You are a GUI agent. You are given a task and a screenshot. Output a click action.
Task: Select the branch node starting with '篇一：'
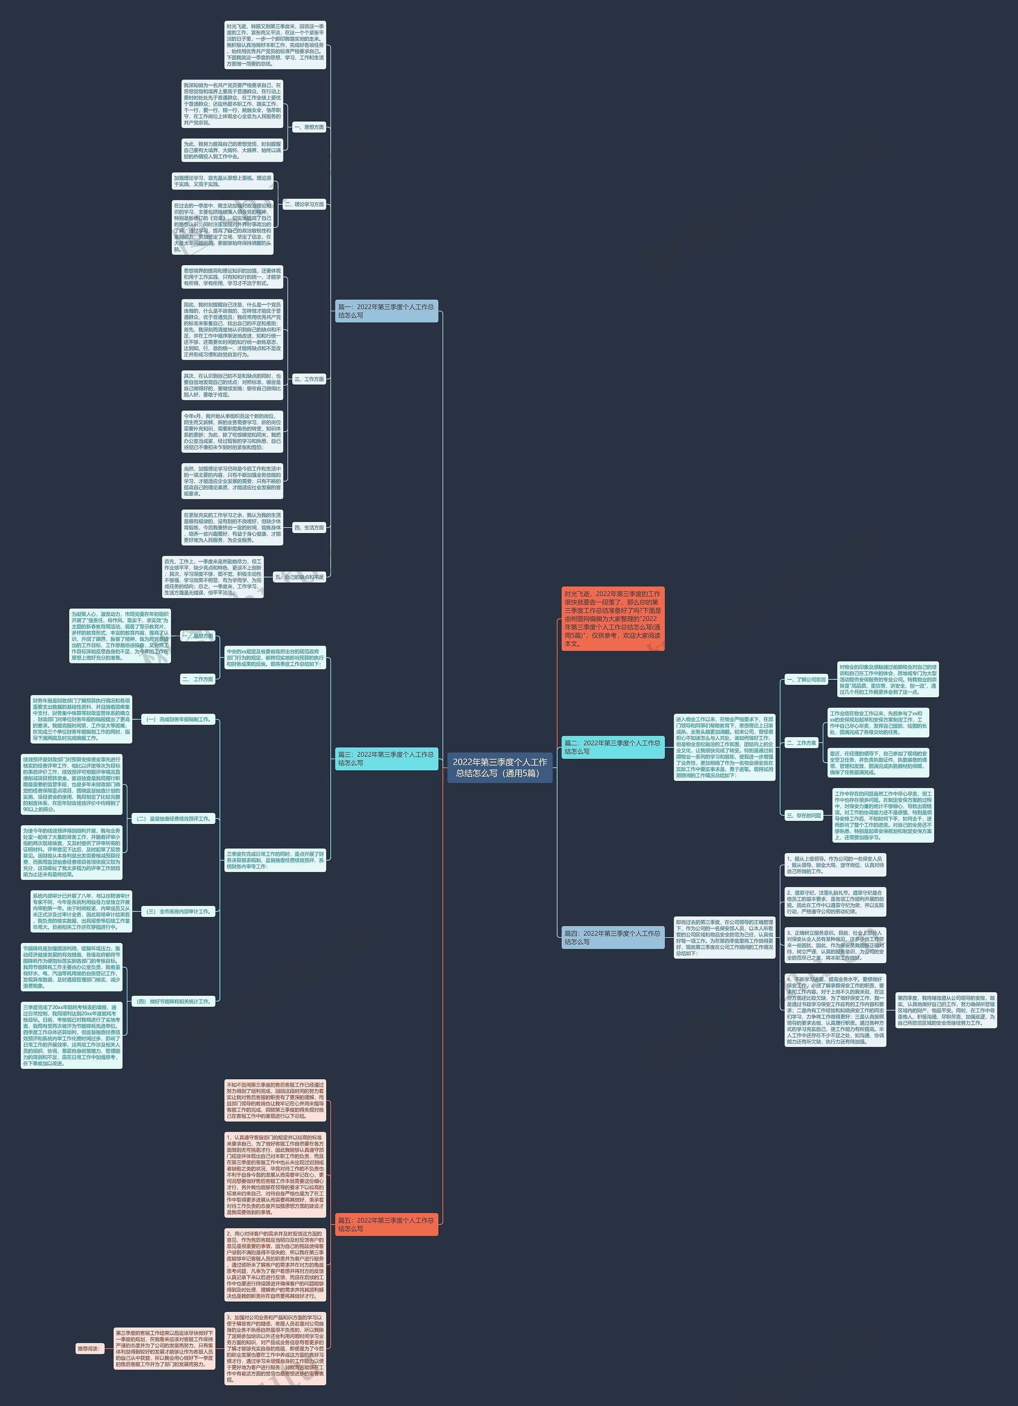(x=386, y=311)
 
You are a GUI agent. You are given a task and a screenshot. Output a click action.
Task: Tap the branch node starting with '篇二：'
(x=612, y=747)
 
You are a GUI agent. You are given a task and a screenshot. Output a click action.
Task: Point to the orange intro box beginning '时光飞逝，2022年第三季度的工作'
(x=612, y=618)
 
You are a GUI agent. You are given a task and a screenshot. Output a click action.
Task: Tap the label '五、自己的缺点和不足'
(x=299, y=576)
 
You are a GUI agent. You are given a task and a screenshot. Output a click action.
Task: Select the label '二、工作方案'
(x=802, y=743)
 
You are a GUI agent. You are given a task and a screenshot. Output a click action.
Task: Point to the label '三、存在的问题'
(x=804, y=815)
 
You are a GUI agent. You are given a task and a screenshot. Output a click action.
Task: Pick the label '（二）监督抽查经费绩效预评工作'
(x=173, y=818)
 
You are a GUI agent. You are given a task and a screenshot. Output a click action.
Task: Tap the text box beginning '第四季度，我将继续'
(x=946, y=1010)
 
